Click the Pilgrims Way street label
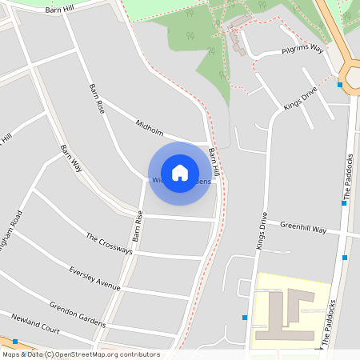pos(302,50)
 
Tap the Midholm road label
pos(150,127)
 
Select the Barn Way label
pos(71,158)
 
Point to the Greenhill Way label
pos(303,229)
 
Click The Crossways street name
pos(109,244)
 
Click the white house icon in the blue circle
pos(180,173)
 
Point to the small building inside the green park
pos(237,38)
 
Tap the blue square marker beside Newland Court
pos(15,342)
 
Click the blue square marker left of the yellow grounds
pos(245,318)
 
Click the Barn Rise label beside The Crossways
pos(138,226)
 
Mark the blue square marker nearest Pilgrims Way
pos(340,84)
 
